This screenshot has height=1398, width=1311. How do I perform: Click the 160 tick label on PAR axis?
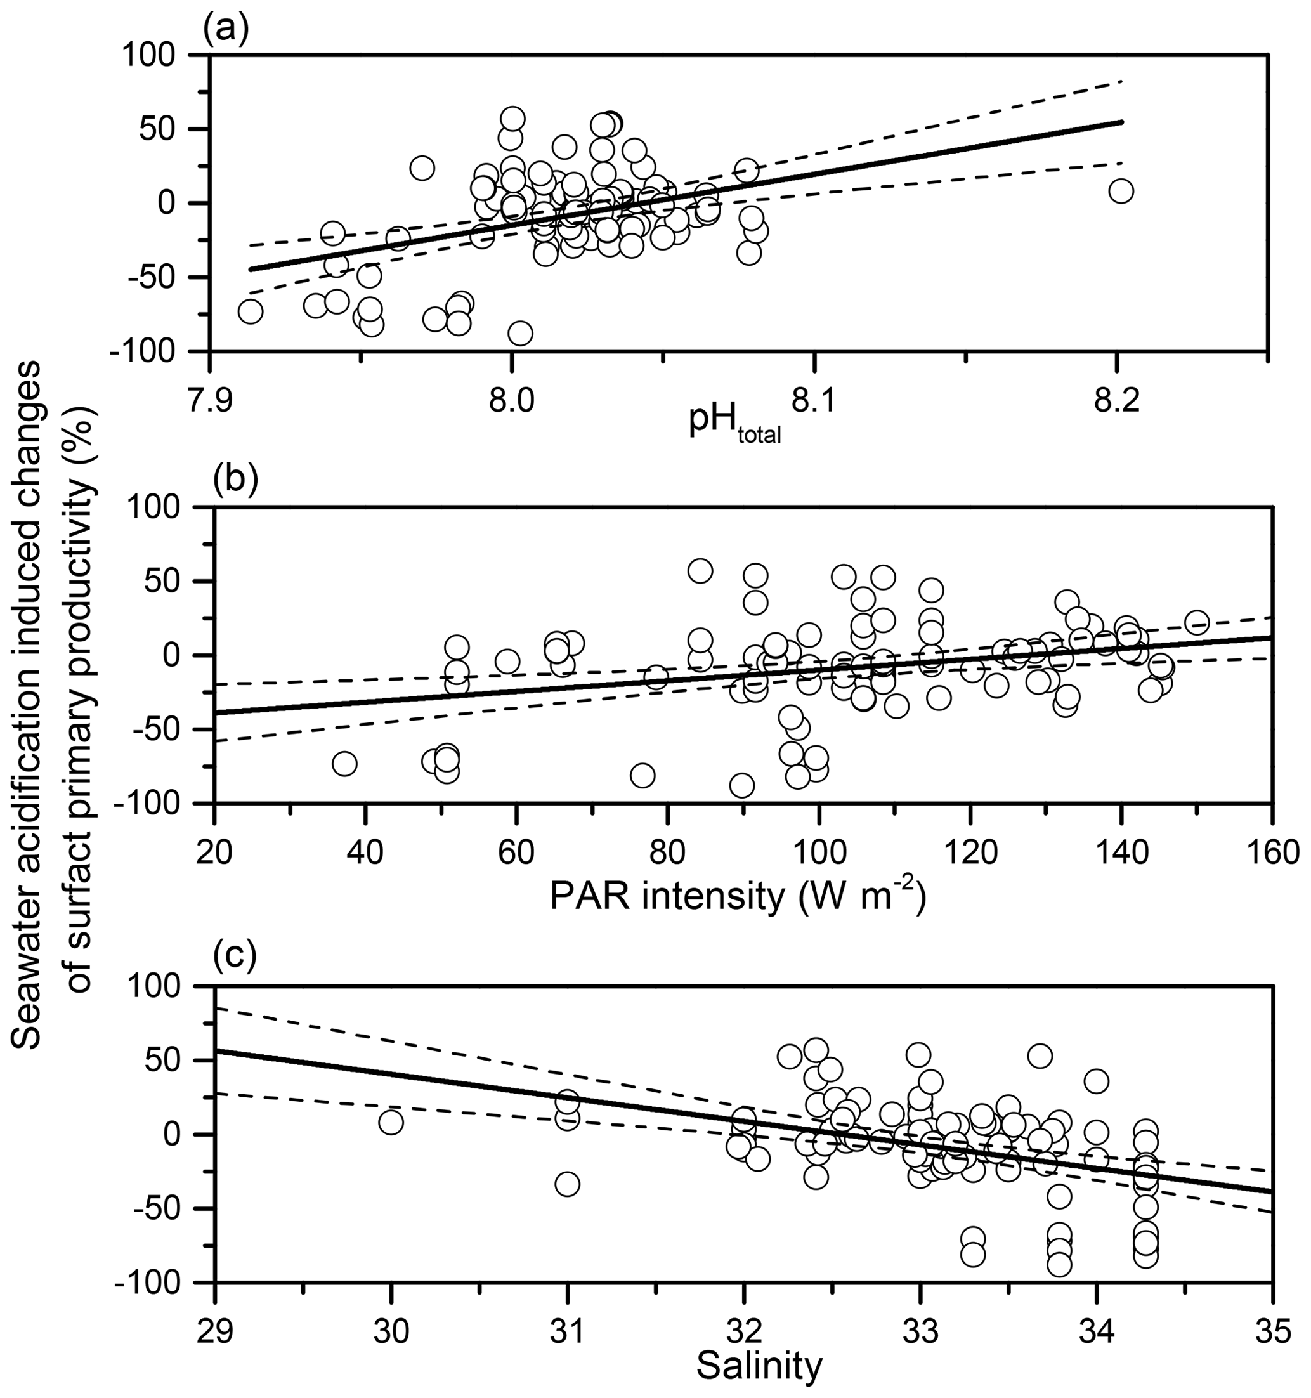point(1271,853)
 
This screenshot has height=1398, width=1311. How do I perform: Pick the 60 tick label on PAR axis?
point(517,853)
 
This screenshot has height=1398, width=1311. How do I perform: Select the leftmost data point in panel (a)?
point(250,311)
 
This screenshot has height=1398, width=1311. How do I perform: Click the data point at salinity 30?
point(391,1122)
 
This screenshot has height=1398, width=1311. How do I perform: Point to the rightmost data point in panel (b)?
point(1196,622)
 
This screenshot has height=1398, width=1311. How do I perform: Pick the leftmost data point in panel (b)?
point(344,763)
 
